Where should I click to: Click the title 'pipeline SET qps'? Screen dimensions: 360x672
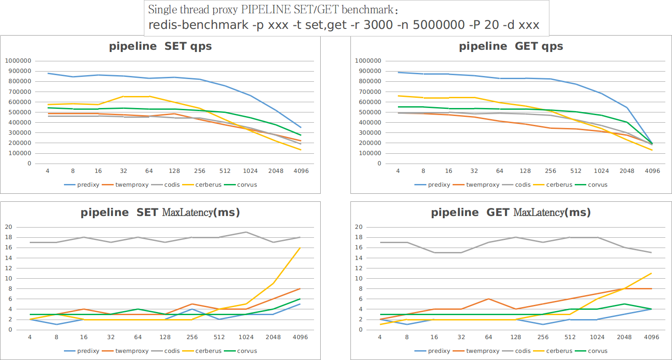point(160,46)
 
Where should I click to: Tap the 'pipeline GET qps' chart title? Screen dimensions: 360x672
point(511,46)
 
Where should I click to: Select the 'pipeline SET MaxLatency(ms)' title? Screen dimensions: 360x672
point(160,212)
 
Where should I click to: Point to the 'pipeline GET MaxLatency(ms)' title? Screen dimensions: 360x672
point(511,212)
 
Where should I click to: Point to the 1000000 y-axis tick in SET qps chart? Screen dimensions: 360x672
point(18,61)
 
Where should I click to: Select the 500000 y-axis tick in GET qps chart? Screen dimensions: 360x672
point(368,112)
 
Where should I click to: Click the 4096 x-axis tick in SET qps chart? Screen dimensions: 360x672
point(301,171)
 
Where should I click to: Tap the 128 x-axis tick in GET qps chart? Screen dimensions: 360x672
point(525,171)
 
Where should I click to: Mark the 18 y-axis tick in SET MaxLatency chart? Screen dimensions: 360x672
point(8,237)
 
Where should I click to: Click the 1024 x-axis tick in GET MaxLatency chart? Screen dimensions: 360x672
point(597,337)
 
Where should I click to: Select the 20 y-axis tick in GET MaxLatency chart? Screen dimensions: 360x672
point(358,227)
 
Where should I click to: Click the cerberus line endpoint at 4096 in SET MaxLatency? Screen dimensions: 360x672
point(300,248)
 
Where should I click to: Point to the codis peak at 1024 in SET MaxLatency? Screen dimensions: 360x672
point(246,232)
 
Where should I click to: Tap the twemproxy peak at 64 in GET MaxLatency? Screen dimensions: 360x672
point(488,299)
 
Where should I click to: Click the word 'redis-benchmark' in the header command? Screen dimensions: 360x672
point(198,25)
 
